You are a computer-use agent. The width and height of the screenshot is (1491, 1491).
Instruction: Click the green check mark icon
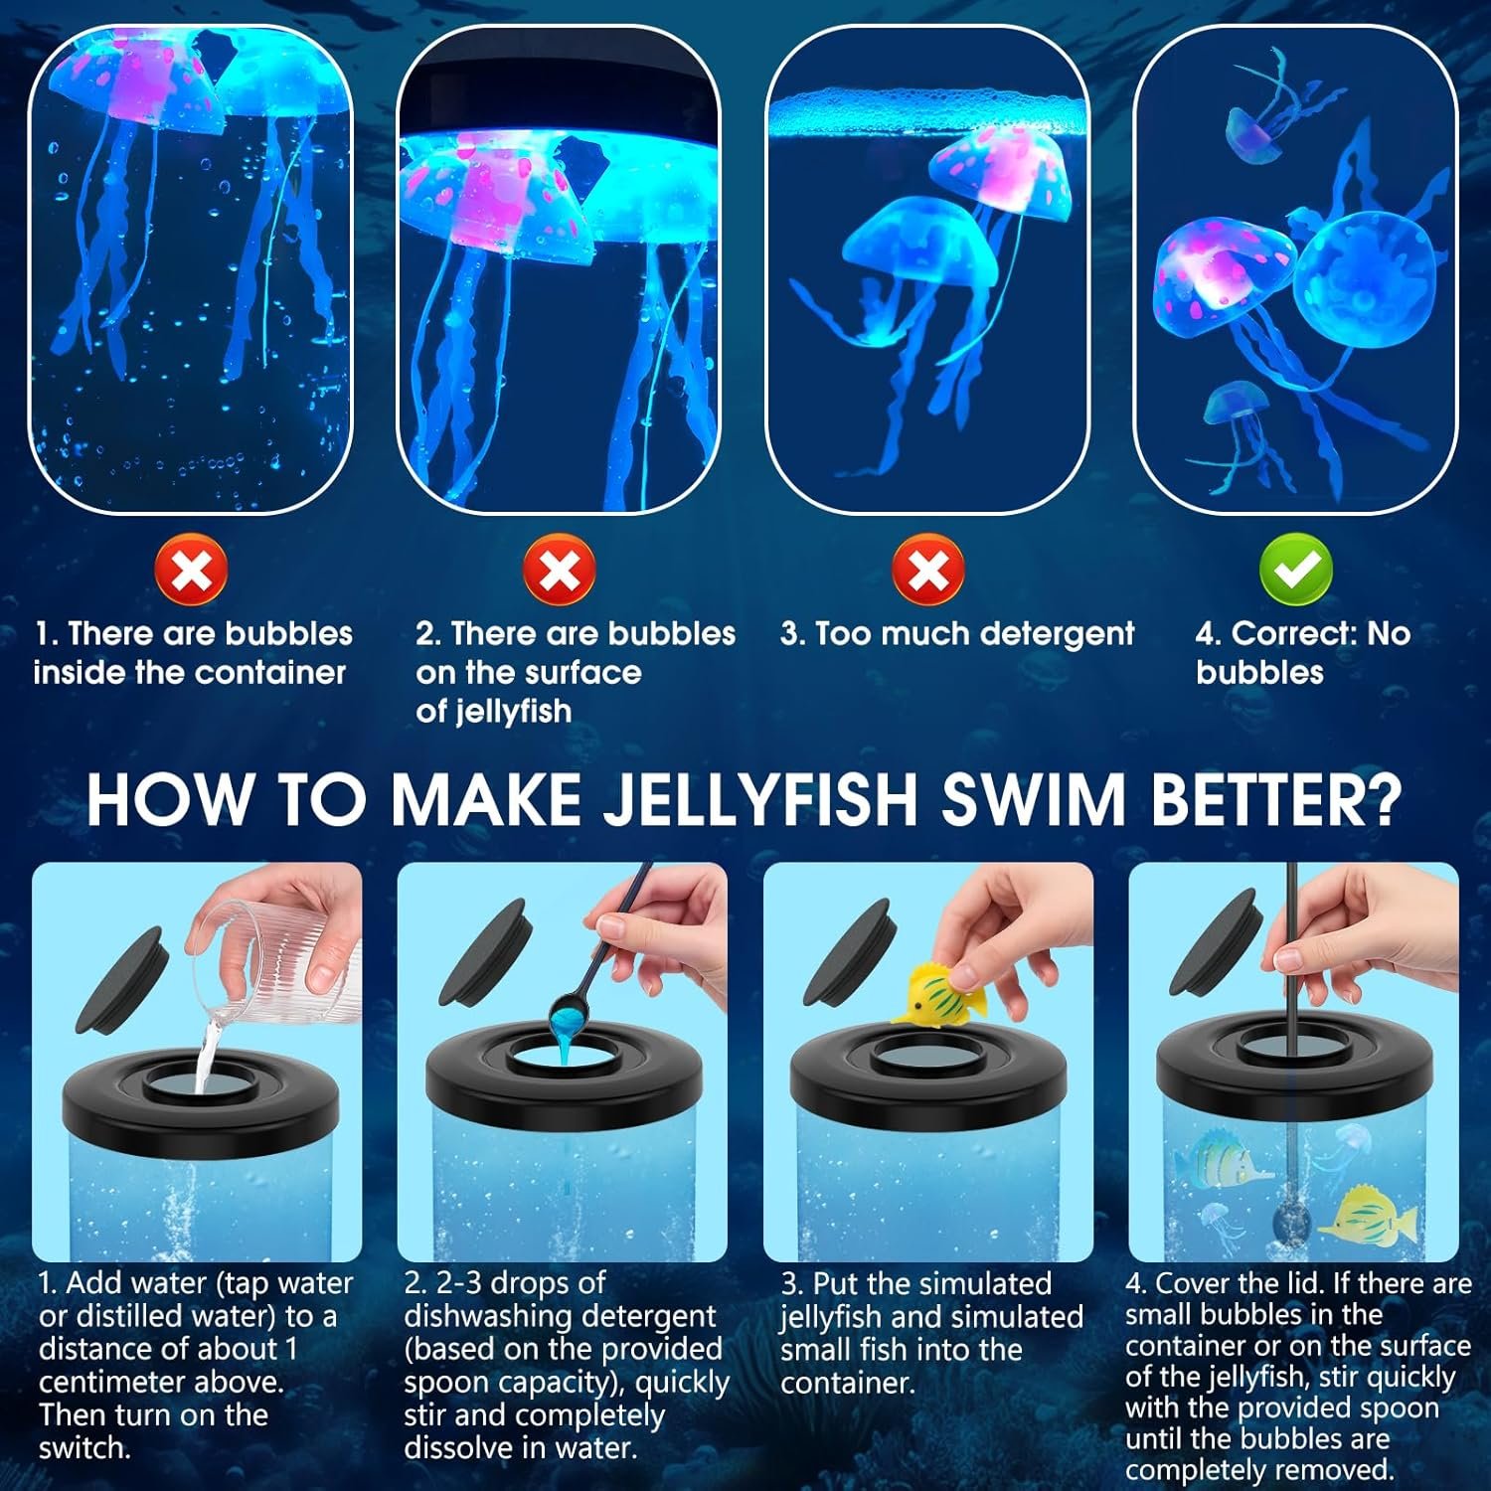[1296, 569]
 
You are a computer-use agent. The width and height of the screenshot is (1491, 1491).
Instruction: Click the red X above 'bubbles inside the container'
[192, 570]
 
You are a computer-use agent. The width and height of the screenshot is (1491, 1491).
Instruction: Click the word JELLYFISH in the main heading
[759, 799]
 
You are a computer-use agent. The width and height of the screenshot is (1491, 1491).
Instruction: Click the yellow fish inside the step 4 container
[1365, 1214]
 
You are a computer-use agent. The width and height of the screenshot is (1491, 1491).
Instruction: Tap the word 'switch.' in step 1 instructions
[85, 1447]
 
